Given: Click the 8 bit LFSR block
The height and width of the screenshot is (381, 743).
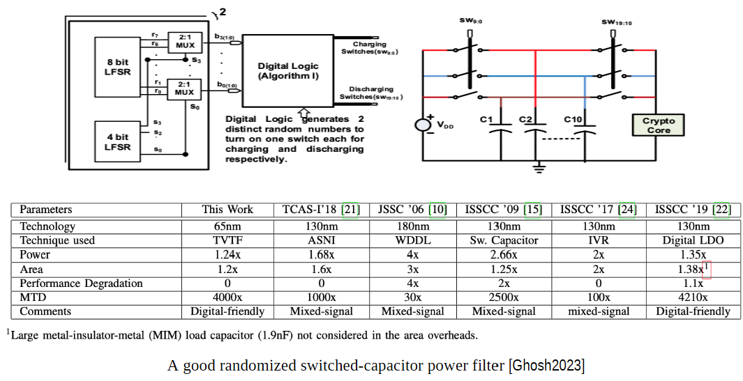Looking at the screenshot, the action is (118, 67).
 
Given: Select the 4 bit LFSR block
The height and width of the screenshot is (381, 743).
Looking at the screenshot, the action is (118, 141).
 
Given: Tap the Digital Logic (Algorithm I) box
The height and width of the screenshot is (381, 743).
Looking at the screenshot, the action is (288, 70).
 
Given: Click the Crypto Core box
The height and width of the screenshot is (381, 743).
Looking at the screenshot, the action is (659, 125).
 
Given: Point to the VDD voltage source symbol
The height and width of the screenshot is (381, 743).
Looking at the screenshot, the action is (423, 125).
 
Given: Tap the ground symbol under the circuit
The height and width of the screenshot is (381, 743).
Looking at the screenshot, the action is (539, 168).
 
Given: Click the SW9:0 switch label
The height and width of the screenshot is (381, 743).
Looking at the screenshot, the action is (471, 22).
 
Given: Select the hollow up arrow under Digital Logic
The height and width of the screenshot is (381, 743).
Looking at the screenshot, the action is (304, 113).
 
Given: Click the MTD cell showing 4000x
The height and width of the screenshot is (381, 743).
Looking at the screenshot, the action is (227, 297).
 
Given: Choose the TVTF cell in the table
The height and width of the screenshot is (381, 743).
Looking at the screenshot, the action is (227, 240).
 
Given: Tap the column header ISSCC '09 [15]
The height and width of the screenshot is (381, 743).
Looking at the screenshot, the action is (504, 209).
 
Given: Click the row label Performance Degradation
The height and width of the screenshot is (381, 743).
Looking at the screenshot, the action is (81, 283).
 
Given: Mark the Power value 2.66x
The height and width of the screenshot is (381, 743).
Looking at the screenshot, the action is (504, 255).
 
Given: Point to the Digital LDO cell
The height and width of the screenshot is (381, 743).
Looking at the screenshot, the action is (693, 240).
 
